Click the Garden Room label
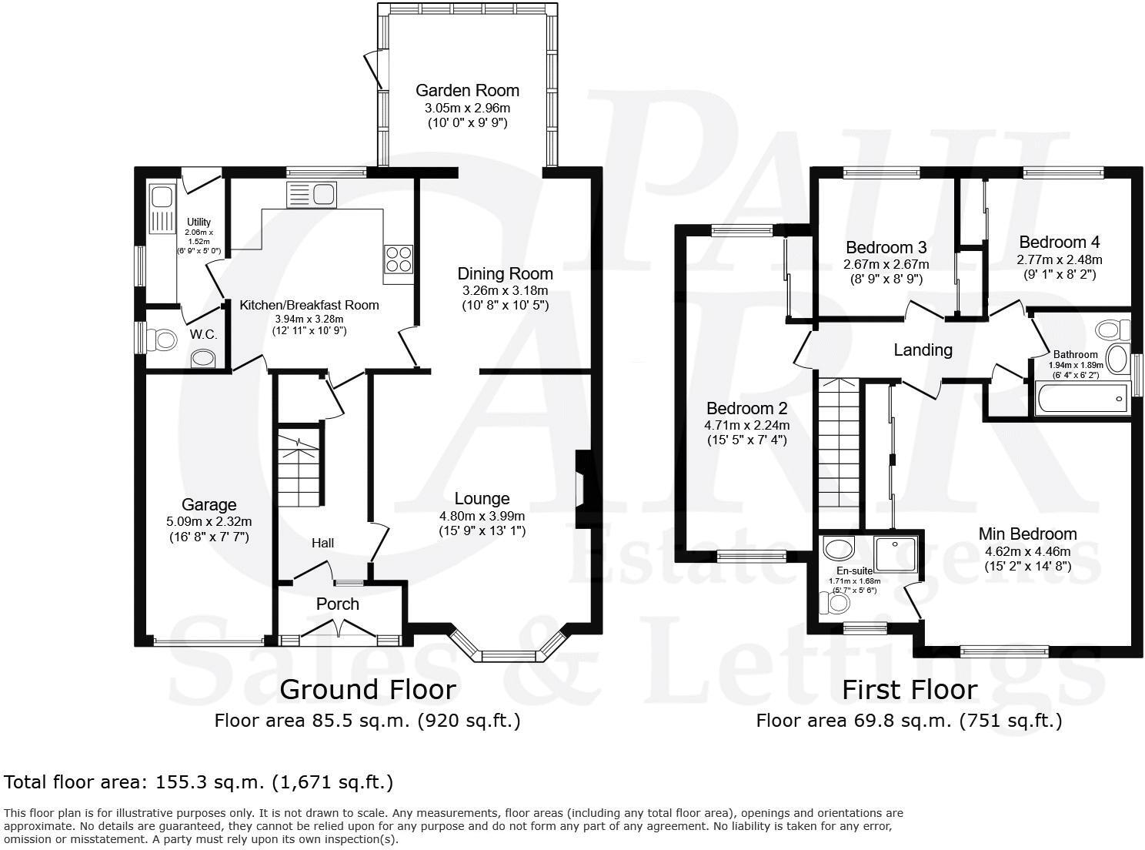click(x=467, y=90)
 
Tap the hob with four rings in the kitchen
click(x=398, y=259)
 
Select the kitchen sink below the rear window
click(x=311, y=194)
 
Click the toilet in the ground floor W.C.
click(x=162, y=338)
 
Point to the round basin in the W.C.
click(x=203, y=358)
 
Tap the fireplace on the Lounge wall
click(x=581, y=489)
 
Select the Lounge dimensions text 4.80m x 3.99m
click(x=482, y=516)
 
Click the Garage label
click(x=209, y=505)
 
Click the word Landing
click(x=923, y=350)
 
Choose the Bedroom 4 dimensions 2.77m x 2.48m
click(x=1059, y=259)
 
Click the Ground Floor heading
click(x=367, y=689)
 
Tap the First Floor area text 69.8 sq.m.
click(x=908, y=721)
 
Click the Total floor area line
click(x=199, y=782)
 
